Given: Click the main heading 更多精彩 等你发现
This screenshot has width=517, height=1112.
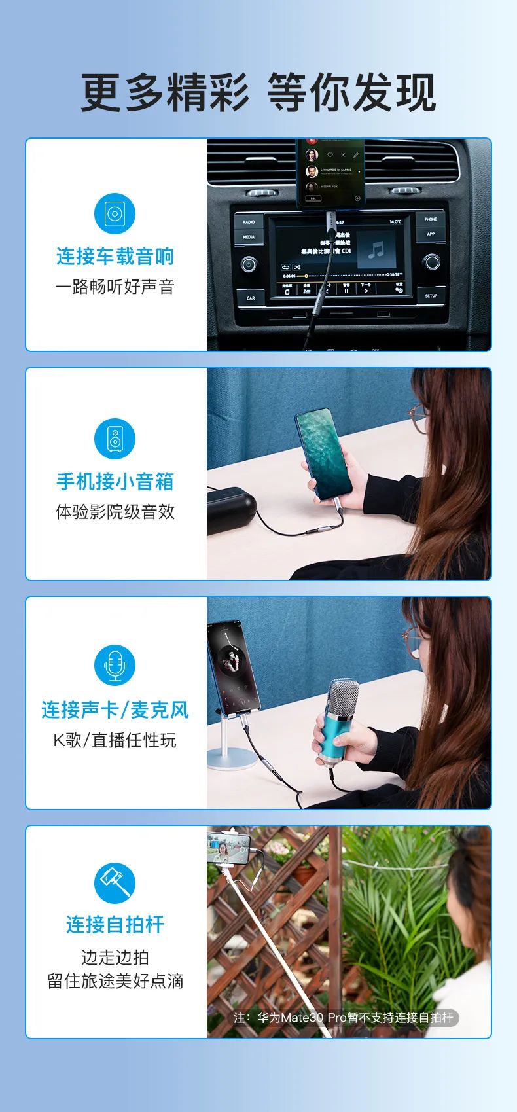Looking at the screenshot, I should (258, 92).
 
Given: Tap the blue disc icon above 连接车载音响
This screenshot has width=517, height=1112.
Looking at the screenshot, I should (115, 213).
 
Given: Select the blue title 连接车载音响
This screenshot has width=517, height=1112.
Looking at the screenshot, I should (115, 256).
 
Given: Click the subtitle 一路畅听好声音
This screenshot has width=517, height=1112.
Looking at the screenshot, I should (115, 287).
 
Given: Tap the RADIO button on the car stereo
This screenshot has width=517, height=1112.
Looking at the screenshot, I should (249, 222).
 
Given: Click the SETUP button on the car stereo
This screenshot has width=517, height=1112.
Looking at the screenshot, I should (431, 296).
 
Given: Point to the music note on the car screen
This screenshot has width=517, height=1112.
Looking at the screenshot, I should (376, 249).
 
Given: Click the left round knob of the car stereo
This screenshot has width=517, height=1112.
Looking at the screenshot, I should (249, 264).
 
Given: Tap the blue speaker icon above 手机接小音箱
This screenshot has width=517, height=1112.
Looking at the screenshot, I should (115, 439).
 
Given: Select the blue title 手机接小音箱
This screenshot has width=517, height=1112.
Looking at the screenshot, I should (115, 481).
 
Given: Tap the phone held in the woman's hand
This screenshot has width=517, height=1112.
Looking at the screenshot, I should (324, 454).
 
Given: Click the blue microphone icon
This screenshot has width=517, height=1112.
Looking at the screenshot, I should (115, 665).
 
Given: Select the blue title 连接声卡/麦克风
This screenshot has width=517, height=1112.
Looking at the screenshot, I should (115, 709).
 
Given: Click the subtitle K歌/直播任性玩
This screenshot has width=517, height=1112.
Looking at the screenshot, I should (115, 740).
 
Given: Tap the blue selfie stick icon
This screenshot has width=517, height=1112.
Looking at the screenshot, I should (115, 883).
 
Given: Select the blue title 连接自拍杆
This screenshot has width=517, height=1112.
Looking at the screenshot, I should (115, 924).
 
